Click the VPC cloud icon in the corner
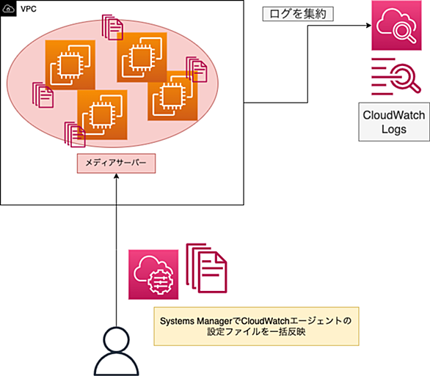[8, 9]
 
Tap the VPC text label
[29, 9]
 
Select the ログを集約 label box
[298, 14]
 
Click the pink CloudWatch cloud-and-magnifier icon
[396, 26]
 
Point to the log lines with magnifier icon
[396, 76]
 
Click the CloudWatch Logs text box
[394, 122]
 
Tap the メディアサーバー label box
[116, 163]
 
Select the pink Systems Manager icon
[153, 274]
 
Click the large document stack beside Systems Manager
[206, 268]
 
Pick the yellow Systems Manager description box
[256, 326]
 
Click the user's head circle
[116, 339]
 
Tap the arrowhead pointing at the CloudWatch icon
[369, 26]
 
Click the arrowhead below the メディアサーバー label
[116, 176]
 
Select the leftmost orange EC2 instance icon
[70, 65]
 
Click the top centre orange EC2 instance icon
[142, 57]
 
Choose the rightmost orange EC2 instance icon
[172, 95]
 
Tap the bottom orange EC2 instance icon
[102, 115]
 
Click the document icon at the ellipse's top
[112, 27]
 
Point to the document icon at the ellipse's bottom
[75, 134]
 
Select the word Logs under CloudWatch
[394, 129]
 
